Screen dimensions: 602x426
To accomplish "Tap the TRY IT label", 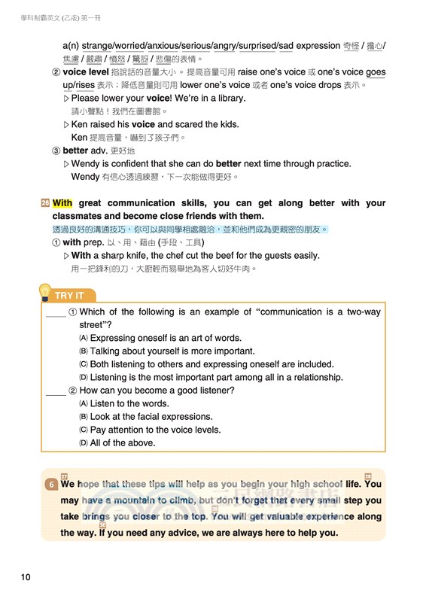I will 69,295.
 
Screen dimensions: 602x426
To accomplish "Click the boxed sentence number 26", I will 45,203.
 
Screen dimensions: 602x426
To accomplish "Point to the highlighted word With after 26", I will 62,203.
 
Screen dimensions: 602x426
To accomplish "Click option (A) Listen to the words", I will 129,404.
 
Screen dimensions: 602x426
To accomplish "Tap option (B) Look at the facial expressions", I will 146,417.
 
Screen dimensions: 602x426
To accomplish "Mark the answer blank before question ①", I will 56,313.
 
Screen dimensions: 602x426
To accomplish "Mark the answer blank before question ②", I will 56,391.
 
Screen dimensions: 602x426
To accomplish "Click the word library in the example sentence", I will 227,99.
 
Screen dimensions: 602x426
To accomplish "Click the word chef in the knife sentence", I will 169,256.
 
